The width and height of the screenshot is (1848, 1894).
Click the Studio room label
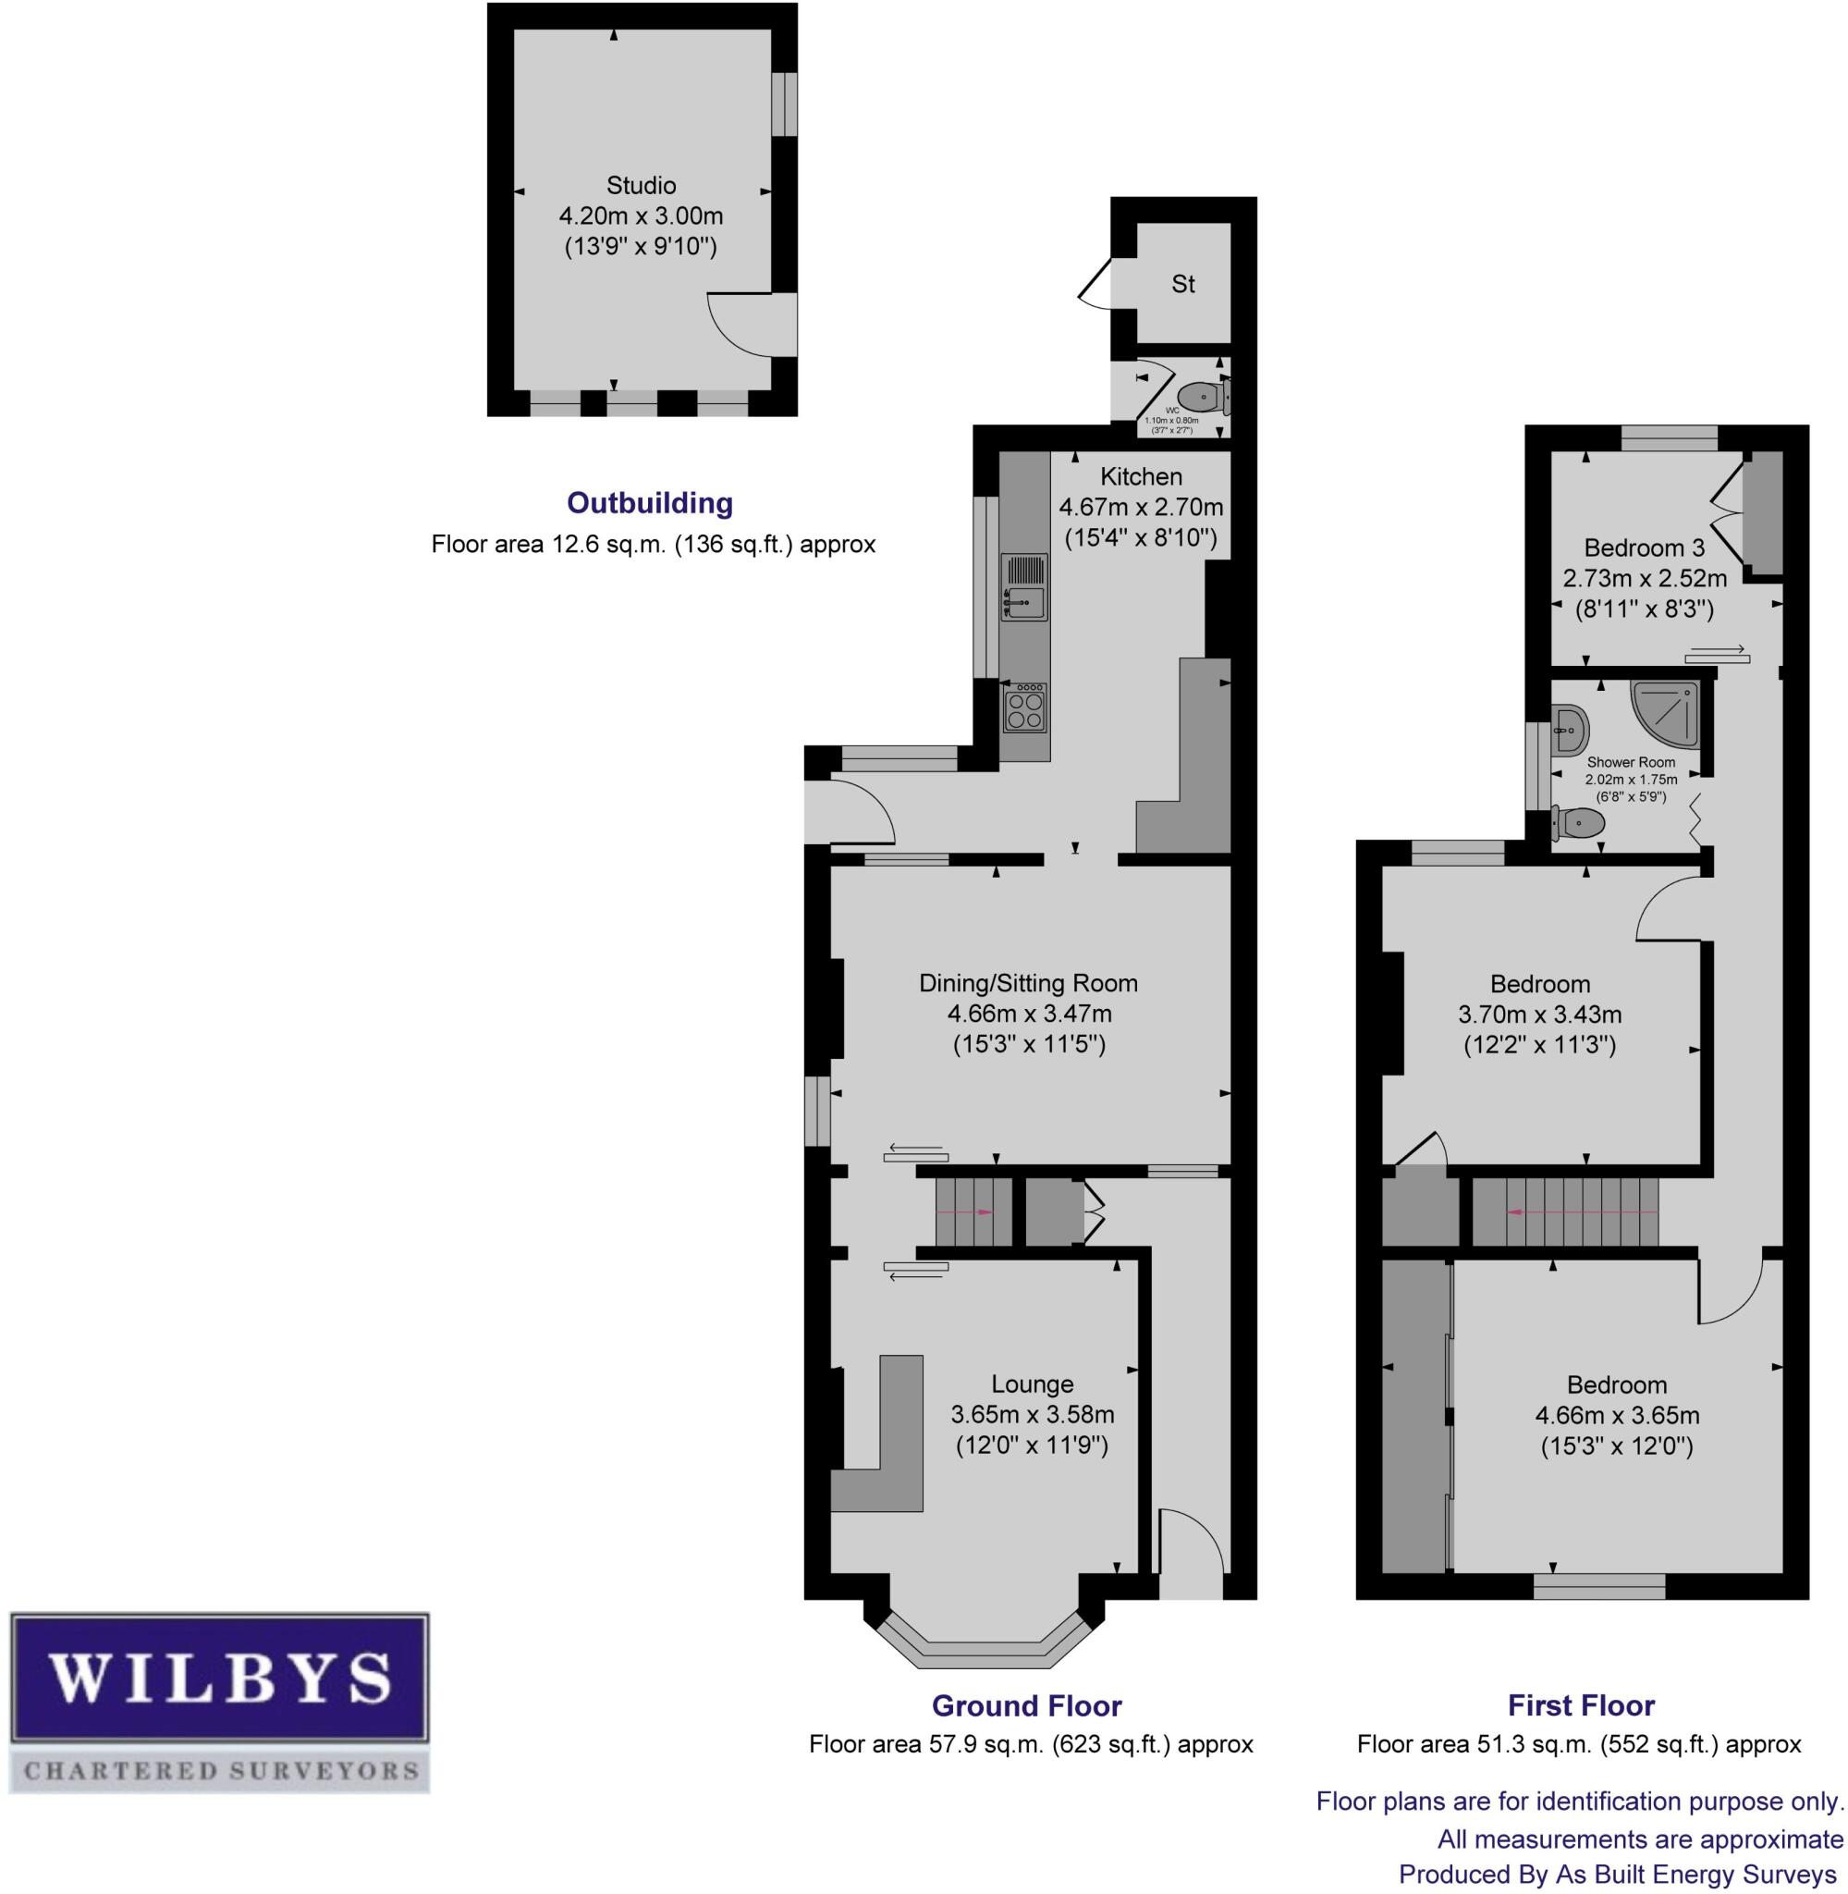(x=641, y=184)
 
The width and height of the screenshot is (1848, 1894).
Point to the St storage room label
(x=1183, y=285)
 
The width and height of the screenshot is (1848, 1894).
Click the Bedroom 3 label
(x=1645, y=547)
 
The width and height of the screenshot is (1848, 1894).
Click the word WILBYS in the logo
(x=219, y=1678)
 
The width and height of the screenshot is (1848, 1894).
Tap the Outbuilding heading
(x=649, y=503)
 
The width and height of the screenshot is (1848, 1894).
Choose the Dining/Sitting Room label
(x=1028, y=983)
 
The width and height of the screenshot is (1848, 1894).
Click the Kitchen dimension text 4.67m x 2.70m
(x=1141, y=507)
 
